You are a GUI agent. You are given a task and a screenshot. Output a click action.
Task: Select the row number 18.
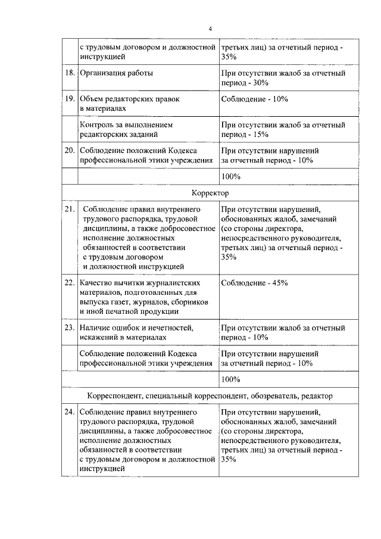point(69,73)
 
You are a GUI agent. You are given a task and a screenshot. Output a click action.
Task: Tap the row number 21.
point(69,209)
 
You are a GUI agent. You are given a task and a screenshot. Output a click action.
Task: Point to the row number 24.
point(69,412)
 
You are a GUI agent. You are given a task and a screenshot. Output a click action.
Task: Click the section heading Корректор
point(210,193)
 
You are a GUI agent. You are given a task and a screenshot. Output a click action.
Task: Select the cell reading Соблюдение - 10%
point(254,99)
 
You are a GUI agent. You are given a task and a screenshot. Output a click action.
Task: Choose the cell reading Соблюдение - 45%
point(254,283)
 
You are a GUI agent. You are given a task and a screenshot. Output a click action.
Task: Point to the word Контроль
point(98,125)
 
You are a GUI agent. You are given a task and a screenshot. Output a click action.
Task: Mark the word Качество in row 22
point(96,283)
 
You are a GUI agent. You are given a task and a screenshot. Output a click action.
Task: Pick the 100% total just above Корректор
point(230,176)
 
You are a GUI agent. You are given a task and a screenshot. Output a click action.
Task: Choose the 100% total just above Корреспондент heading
point(230,379)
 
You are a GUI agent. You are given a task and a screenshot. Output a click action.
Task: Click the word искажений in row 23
point(99,337)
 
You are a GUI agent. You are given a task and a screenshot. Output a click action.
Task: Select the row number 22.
point(69,283)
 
